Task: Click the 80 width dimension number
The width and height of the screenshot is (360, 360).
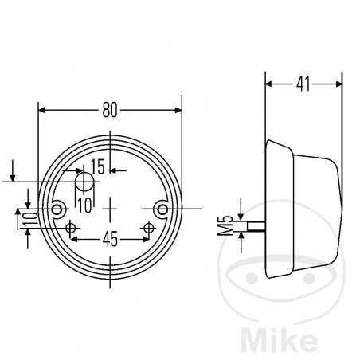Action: pos(110,110)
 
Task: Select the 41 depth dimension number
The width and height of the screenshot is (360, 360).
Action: pos(303,84)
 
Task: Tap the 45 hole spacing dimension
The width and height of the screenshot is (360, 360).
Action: pos(110,239)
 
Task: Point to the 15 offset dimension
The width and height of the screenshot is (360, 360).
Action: pos(98,166)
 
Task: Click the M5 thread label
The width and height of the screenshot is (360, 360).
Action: pos(225,225)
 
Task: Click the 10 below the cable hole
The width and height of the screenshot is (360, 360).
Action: pos(85,205)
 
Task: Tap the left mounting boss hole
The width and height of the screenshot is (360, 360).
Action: pos(57,209)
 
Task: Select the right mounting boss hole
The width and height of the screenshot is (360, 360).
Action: pos(162,209)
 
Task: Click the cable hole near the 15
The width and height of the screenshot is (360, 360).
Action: pos(84,182)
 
